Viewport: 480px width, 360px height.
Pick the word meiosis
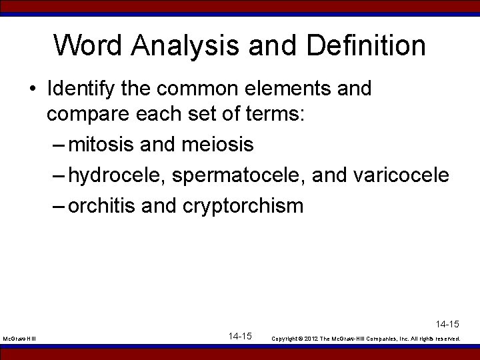[216, 144]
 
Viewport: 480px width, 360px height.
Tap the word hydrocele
[117, 175]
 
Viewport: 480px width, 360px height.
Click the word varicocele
[402, 175]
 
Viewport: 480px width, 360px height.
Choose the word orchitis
[103, 206]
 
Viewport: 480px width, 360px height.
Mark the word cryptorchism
[243, 206]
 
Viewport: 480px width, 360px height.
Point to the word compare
[90, 114]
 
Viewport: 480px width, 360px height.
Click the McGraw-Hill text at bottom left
[19, 339]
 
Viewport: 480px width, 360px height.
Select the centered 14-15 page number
[239, 336]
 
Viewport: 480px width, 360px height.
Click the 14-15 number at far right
[447, 325]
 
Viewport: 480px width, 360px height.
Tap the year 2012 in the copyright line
[312, 339]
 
